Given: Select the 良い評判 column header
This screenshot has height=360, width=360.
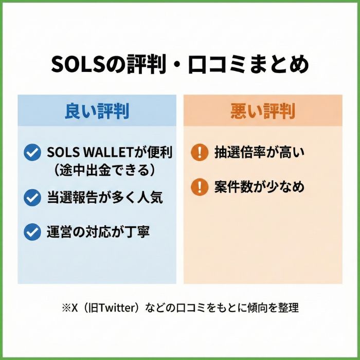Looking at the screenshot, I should (97, 111).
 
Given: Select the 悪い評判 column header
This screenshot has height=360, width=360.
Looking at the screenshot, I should (263, 111).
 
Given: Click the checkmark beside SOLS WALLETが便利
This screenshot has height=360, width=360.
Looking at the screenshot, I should (32, 152).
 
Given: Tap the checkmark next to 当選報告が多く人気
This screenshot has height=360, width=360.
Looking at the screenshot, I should (32, 197).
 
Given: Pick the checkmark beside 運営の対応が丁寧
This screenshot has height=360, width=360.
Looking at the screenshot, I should (32, 232).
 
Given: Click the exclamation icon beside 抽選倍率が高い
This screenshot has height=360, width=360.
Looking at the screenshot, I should (199, 152).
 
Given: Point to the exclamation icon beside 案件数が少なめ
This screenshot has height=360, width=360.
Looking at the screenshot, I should (199, 187).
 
